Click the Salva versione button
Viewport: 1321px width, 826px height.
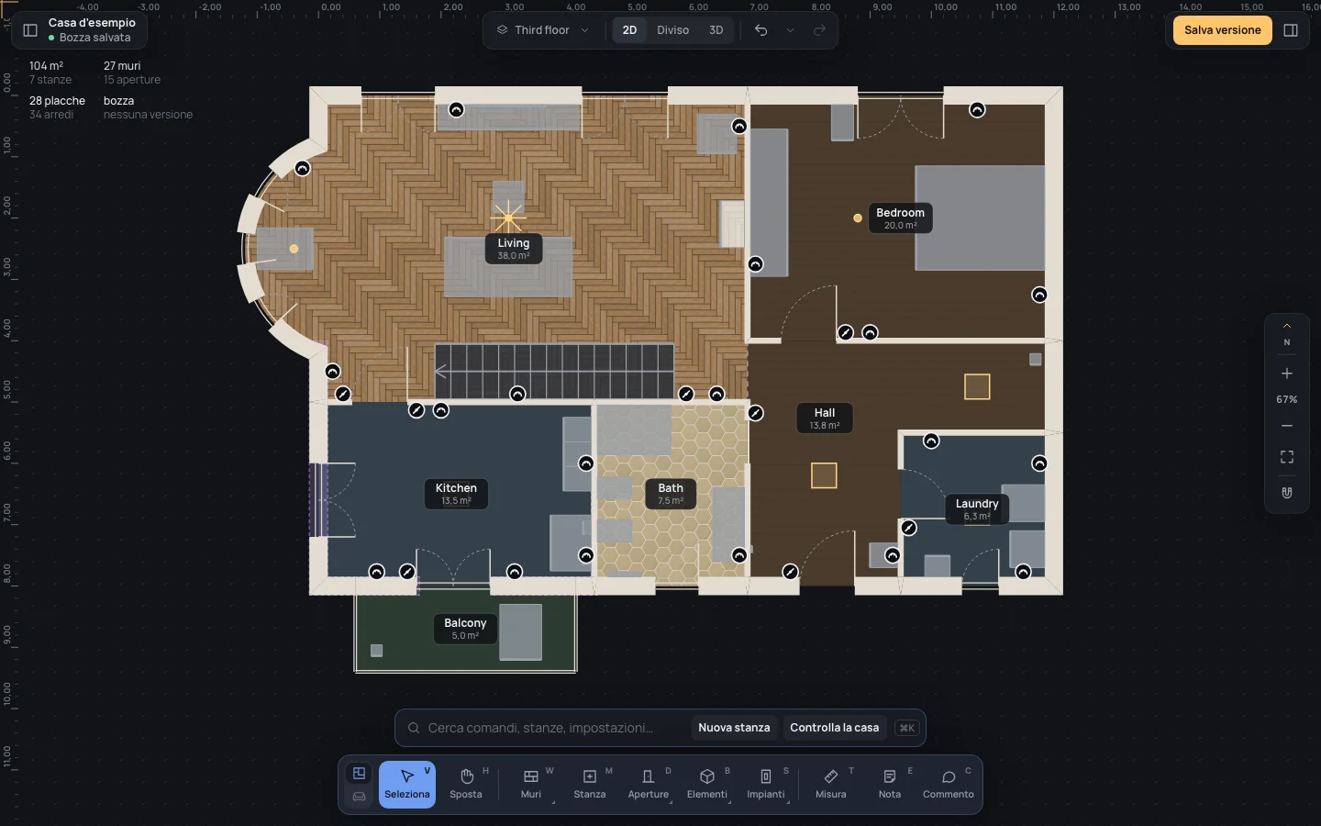tap(1222, 30)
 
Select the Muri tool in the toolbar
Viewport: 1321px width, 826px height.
tap(531, 784)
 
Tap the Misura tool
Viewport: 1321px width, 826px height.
tap(830, 784)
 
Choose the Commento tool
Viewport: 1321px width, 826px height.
tap(948, 784)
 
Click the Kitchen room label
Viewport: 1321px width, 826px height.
tap(456, 494)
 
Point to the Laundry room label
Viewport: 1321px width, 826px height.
tap(977, 509)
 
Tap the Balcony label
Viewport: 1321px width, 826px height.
tap(465, 629)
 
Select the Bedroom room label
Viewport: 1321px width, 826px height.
tap(900, 218)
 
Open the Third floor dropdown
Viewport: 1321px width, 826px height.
tap(543, 30)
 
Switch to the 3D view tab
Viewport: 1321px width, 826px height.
tap(716, 30)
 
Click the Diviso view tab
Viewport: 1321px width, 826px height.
tap(672, 30)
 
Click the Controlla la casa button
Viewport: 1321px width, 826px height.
tap(834, 728)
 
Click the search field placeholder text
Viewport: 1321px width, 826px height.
tap(540, 728)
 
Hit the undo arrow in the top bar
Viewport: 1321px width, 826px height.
tap(760, 30)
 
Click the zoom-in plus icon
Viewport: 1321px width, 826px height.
tap(1287, 374)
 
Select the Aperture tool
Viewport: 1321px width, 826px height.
tap(648, 784)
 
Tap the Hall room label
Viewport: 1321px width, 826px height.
tap(825, 419)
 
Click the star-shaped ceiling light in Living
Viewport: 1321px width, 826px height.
tap(508, 218)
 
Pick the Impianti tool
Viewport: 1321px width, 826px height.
tap(765, 784)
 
